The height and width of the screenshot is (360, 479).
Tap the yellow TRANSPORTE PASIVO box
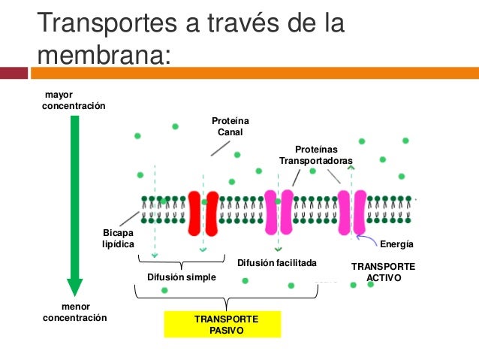221,325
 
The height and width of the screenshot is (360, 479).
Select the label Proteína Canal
230,126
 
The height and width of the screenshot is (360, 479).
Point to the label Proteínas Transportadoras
315,156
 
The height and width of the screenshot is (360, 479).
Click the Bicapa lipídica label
118,239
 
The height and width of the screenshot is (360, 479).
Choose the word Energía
397,245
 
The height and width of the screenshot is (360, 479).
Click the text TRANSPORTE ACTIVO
383,272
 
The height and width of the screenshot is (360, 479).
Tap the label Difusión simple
181,277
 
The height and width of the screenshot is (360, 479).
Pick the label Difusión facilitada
277,263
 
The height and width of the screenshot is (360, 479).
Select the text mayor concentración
74,100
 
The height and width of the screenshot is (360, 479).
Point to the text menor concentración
74,313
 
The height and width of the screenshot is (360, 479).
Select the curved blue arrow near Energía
367,240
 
